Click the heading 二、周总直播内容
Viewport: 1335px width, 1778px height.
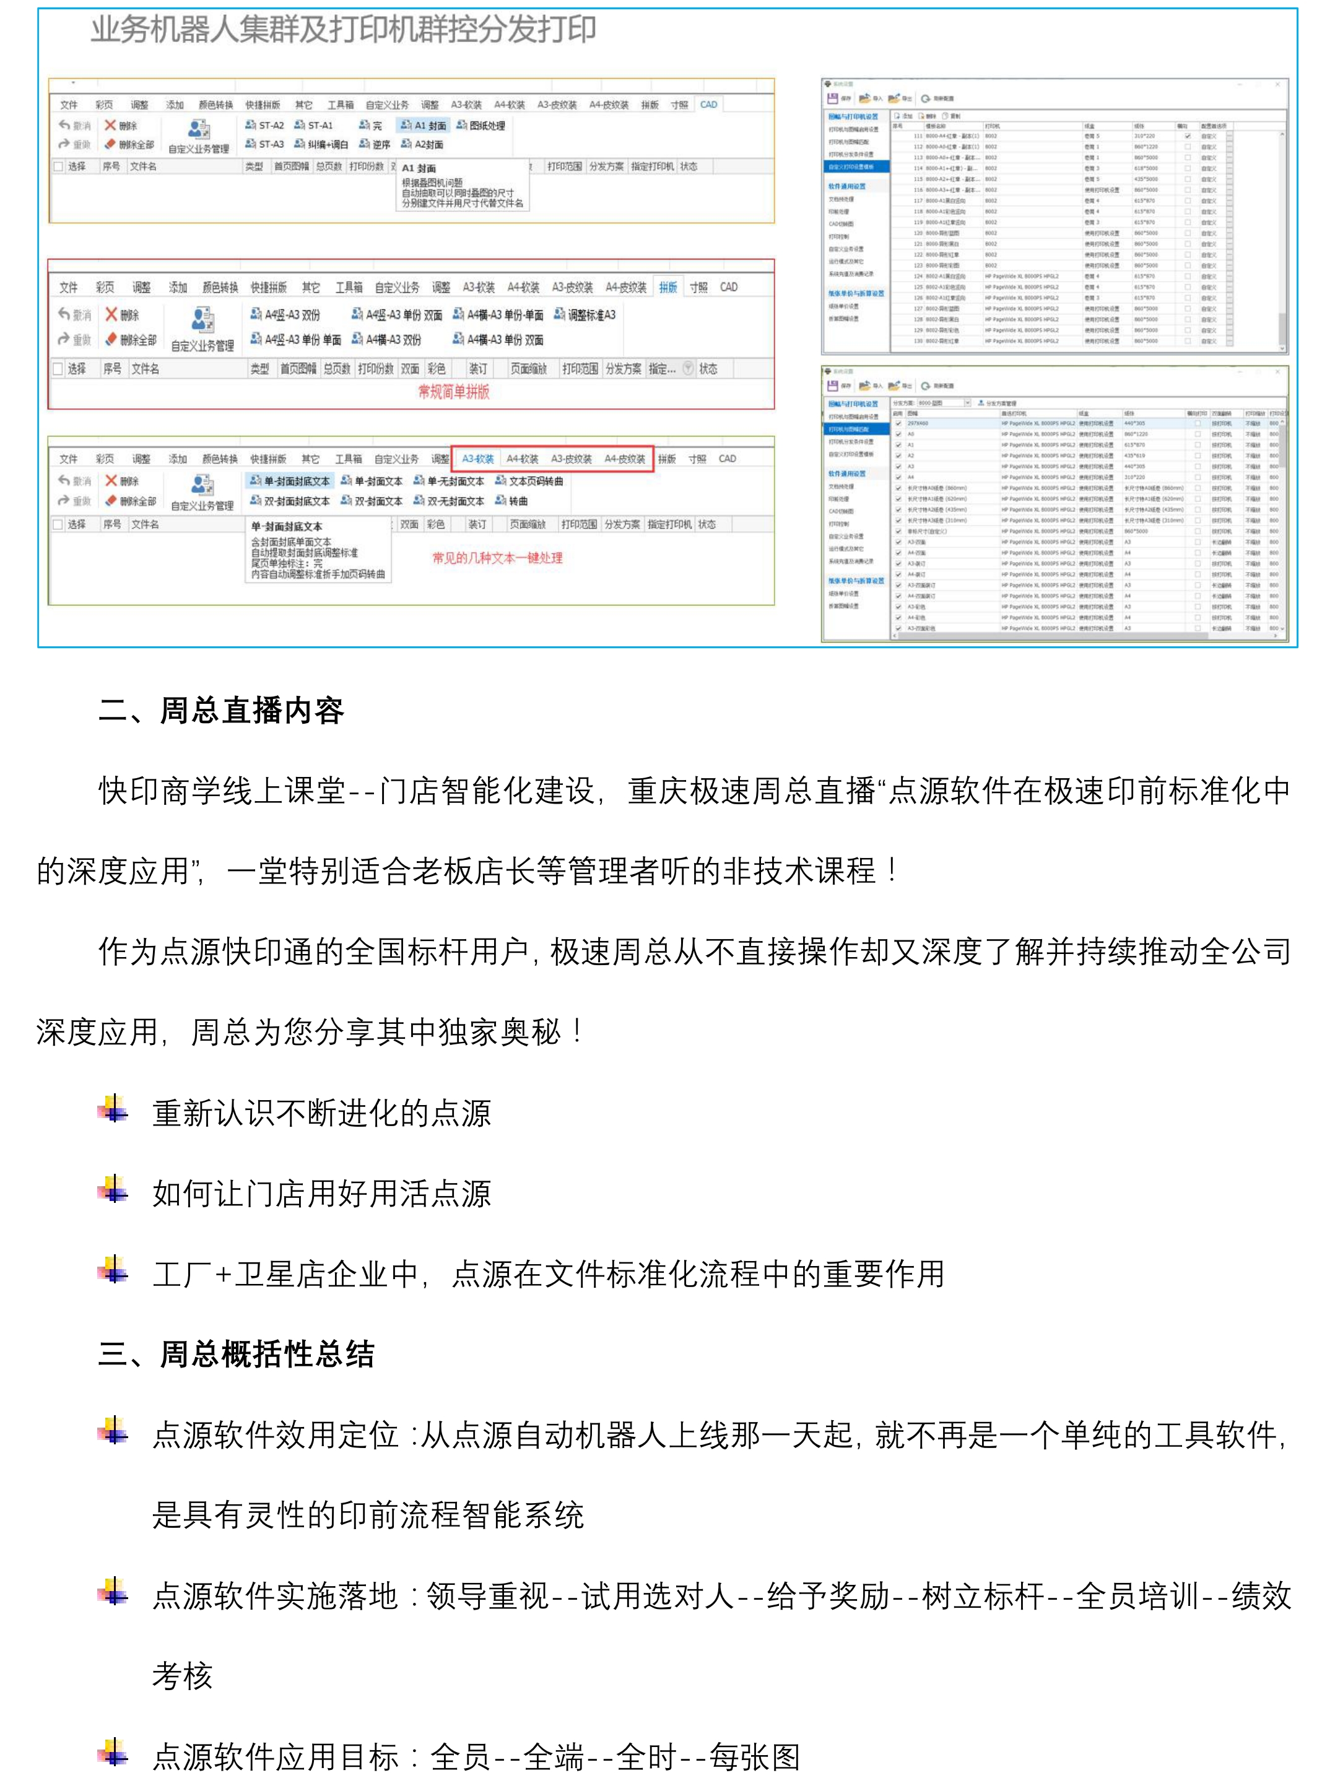coord(221,711)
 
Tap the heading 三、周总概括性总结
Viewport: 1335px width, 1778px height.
coord(237,1355)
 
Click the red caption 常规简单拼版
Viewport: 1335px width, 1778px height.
coord(453,391)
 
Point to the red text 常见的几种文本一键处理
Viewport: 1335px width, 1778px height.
coord(497,558)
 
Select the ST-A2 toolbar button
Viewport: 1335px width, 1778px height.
coord(265,126)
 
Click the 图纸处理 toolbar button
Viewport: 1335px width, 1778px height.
coord(481,126)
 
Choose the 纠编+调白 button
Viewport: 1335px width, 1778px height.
coord(321,145)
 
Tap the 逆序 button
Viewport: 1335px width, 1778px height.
coord(375,145)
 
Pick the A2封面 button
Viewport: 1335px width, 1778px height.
coord(423,145)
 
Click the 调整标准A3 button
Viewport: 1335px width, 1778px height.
coord(585,315)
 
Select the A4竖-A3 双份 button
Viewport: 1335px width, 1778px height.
coord(285,315)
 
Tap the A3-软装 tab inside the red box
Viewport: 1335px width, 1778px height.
coord(477,459)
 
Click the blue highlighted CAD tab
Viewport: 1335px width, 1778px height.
coord(708,105)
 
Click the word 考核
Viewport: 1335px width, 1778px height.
coord(183,1676)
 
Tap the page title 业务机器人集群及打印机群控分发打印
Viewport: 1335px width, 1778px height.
coord(343,30)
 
